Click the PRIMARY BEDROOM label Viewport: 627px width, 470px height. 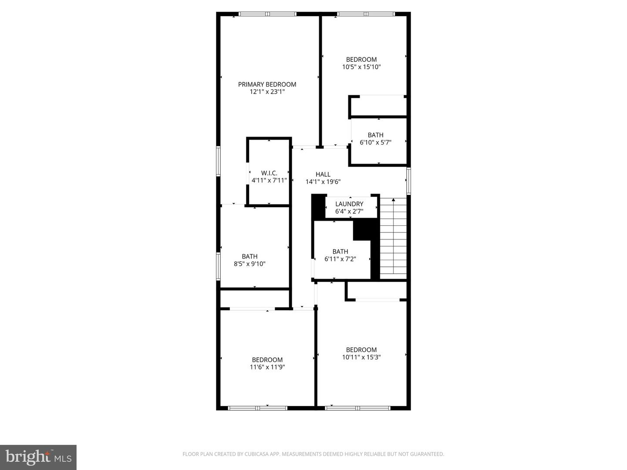(x=267, y=84)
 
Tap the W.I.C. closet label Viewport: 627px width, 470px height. (x=269, y=173)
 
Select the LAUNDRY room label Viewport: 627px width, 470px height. (x=349, y=204)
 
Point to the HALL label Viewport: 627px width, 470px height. (x=323, y=174)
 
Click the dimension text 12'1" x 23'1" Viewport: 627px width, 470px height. (x=267, y=92)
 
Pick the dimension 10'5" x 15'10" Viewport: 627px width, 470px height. (x=361, y=67)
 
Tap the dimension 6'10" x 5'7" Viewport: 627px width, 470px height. (x=375, y=142)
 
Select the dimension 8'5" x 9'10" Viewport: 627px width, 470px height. (x=249, y=264)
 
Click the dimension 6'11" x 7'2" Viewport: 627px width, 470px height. (x=340, y=259)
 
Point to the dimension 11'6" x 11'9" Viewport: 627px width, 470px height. (x=267, y=367)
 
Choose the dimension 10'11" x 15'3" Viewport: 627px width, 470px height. (x=361, y=357)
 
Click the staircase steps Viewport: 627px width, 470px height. (x=394, y=239)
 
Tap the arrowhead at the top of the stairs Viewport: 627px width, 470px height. (x=394, y=200)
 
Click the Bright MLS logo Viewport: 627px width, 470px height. (x=38, y=457)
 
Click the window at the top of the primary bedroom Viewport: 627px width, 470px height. (x=268, y=14)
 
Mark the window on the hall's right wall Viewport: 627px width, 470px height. (x=408, y=181)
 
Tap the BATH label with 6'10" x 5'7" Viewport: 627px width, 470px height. (x=375, y=135)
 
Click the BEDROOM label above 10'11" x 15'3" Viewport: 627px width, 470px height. (x=361, y=350)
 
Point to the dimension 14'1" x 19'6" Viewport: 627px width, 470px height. (x=323, y=182)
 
